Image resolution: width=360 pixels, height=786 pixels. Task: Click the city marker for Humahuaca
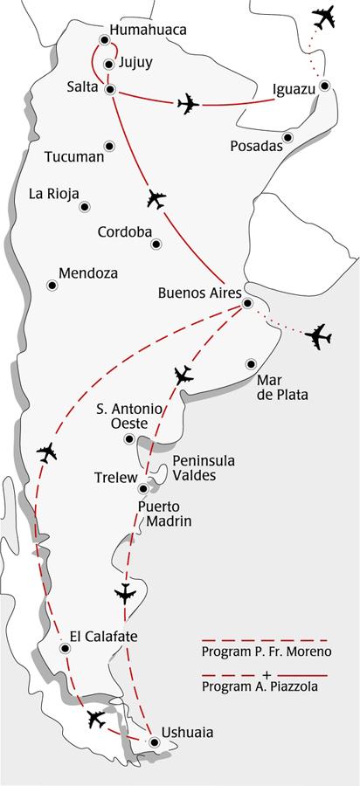(105, 39)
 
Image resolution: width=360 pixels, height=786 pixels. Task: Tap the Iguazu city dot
(324, 86)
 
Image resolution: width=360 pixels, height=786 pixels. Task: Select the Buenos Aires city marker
(247, 303)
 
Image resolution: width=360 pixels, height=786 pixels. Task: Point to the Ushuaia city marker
(155, 742)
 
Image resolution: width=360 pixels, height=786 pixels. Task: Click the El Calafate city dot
(66, 648)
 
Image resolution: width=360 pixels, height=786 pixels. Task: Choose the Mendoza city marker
(52, 285)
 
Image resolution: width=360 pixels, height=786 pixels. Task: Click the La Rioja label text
(54, 193)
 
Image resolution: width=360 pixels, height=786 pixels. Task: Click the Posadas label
(256, 146)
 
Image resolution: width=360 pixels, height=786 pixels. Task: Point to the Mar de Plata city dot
(252, 363)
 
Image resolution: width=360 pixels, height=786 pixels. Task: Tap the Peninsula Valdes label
(204, 468)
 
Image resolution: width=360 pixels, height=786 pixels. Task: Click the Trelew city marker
(143, 489)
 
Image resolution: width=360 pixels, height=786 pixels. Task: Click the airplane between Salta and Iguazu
(188, 104)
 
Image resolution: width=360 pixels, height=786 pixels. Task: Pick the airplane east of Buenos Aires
(318, 334)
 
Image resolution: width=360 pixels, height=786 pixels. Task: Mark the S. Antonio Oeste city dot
(130, 438)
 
